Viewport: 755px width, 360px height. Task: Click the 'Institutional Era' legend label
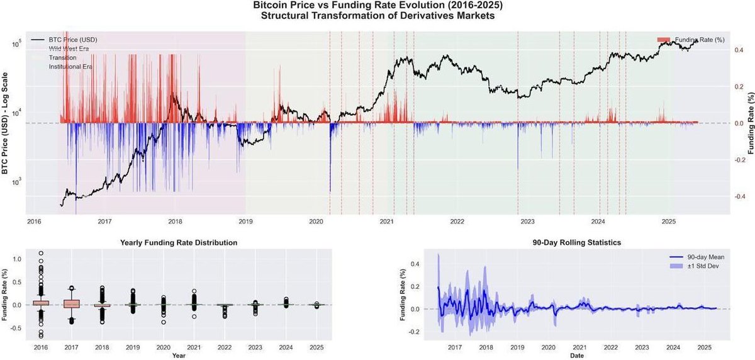(x=70, y=66)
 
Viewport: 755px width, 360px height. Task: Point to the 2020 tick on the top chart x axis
(x=316, y=222)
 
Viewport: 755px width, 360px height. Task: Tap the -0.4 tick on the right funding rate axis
(x=741, y=196)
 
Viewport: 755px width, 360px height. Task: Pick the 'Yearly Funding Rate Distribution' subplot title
(x=179, y=242)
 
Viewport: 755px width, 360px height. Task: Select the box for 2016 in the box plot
(x=41, y=303)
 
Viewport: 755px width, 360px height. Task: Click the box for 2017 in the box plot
(x=72, y=304)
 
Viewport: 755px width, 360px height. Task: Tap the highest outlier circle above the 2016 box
(x=41, y=254)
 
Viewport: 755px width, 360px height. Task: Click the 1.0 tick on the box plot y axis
(x=16, y=259)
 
